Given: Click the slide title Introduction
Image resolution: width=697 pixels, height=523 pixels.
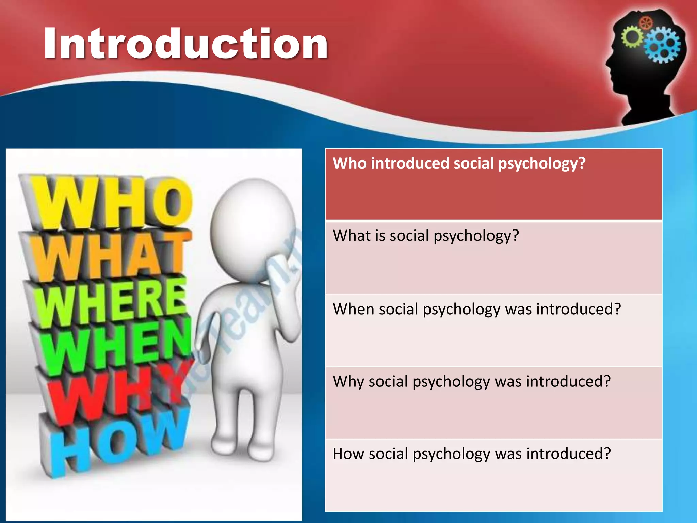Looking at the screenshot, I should coord(185,44).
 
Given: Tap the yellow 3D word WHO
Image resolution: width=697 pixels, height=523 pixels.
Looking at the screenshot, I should coord(112,203).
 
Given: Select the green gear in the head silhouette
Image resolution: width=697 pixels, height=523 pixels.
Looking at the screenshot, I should coord(632,37).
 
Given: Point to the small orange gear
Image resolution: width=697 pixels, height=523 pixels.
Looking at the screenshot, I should coord(646,23).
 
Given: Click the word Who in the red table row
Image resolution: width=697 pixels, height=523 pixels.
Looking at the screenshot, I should coord(350,163).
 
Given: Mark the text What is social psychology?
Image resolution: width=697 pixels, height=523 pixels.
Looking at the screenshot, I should coord(426,236).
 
